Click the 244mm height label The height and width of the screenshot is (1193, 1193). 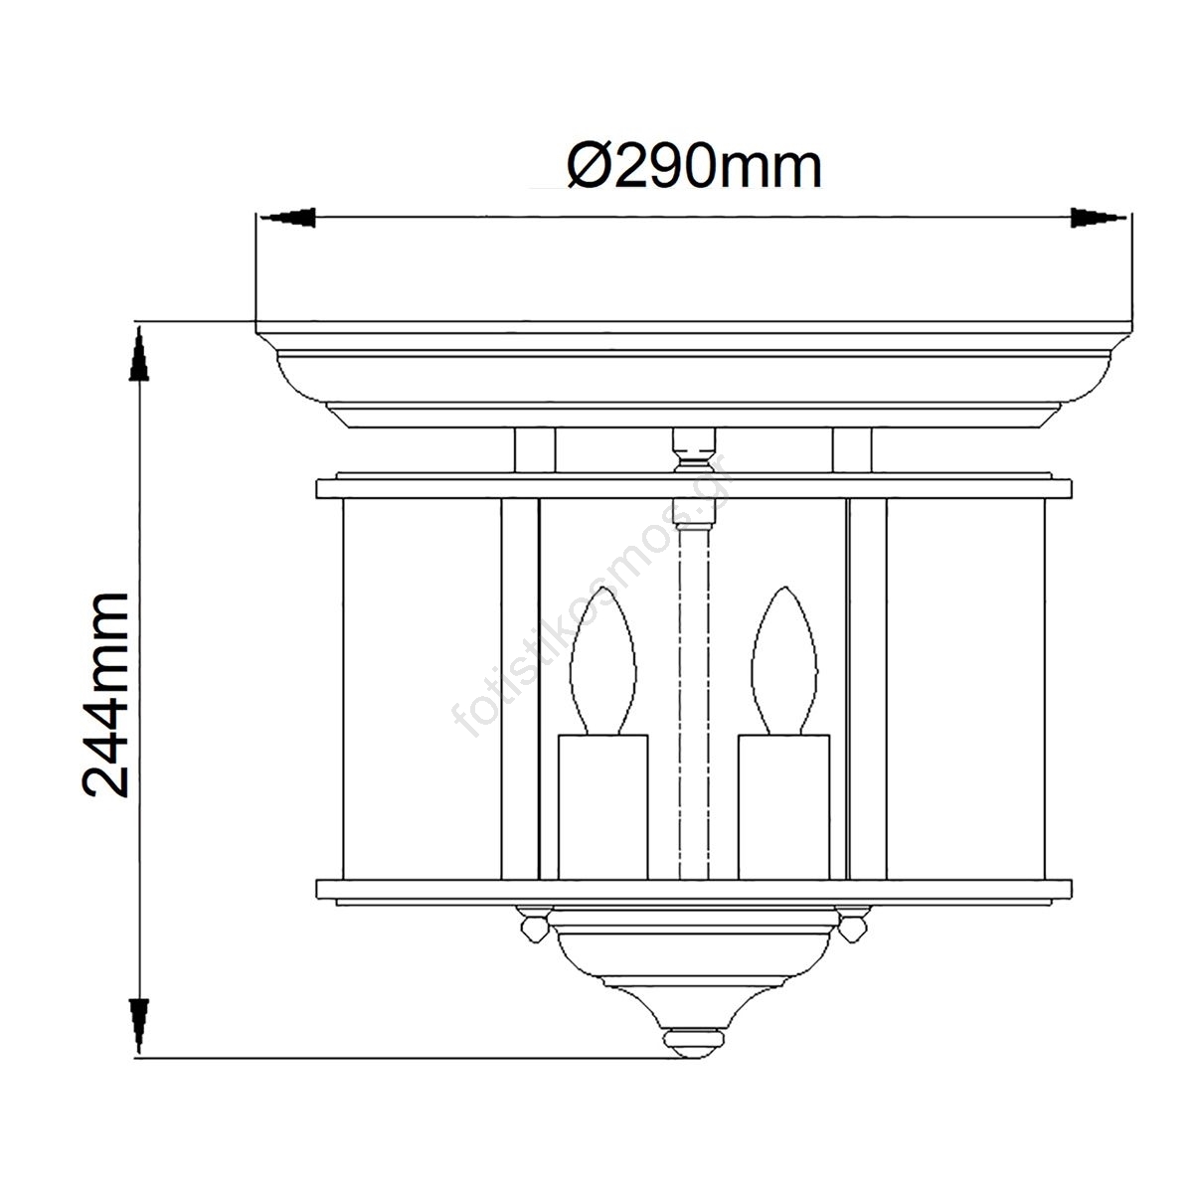pos(104,695)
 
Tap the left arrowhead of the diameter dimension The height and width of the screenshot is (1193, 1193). pos(288,218)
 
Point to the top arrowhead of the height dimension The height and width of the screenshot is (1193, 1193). pos(138,354)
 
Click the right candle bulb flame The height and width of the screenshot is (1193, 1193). pos(783,661)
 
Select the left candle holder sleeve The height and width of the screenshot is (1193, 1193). pos(603,807)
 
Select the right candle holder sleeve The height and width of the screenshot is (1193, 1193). pos(783,807)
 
